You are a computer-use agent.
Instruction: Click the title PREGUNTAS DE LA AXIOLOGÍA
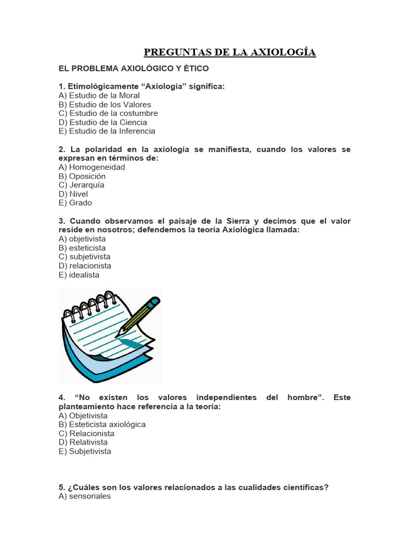point(230,52)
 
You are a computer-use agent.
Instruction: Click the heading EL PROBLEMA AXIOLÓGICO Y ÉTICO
point(133,69)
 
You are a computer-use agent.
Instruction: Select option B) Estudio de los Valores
point(105,105)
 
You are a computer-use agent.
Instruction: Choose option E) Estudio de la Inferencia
point(107,131)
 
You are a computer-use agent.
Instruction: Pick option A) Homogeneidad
point(92,167)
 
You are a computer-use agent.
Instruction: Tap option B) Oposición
point(82,176)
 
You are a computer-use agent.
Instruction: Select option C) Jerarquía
point(82,185)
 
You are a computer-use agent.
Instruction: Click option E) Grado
point(75,202)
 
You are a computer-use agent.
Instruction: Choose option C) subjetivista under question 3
point(84,257)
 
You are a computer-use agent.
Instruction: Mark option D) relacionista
point(85,265)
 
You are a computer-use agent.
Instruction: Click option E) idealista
point(79,275)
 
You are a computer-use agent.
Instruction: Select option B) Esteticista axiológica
point(102,425)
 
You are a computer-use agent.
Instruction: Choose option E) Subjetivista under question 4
point(85,451)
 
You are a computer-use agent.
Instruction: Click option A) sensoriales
point(84,496)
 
